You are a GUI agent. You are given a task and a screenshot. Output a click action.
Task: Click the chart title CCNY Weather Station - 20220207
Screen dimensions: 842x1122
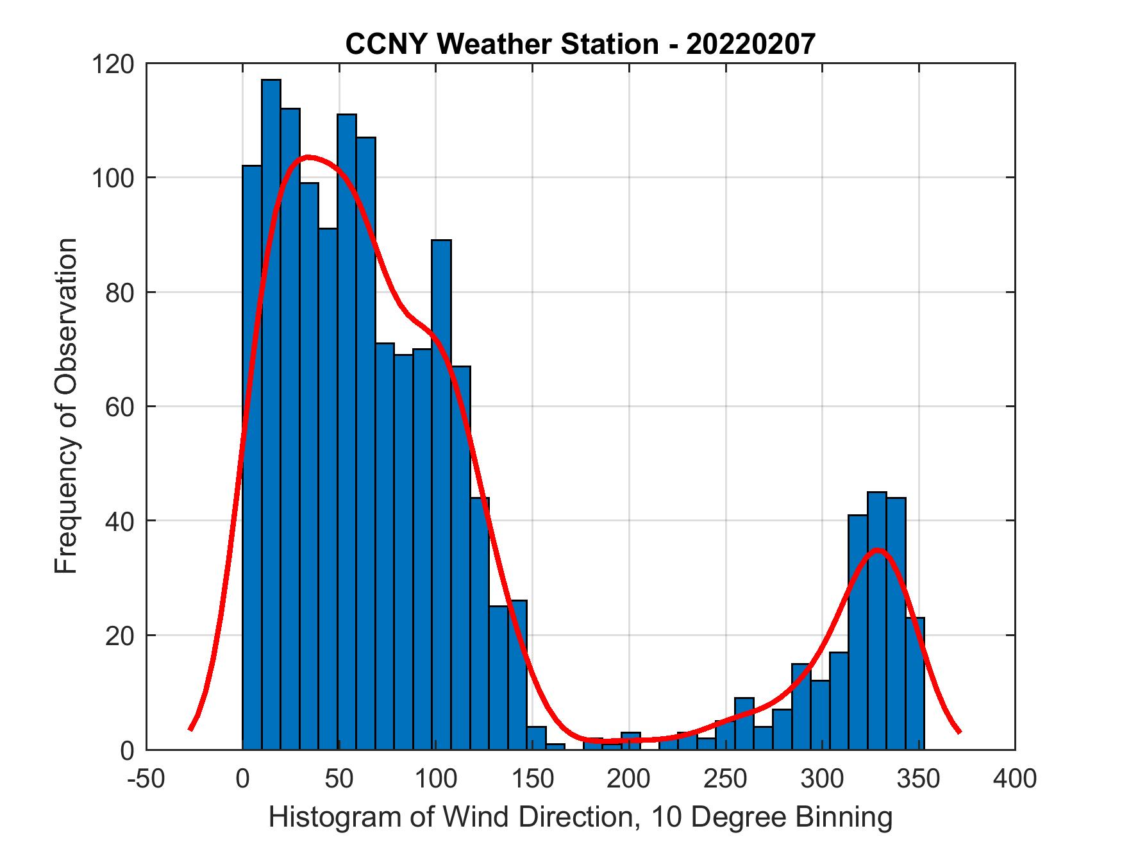tap(580, 44)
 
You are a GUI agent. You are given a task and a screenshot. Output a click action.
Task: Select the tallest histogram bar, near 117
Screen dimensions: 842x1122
tap(271, 410)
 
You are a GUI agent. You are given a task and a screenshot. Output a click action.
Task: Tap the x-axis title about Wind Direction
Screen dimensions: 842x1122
tap(580, 818)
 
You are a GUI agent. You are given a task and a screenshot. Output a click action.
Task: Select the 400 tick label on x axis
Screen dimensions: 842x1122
tap(1016, 779)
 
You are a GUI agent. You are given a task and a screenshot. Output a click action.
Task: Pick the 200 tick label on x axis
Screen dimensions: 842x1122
tap(629, 779)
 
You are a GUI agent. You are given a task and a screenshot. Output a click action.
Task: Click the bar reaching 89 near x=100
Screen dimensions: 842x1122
tap(441, 494)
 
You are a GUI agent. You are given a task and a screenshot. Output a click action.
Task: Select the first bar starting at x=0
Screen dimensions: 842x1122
tap(252, 455)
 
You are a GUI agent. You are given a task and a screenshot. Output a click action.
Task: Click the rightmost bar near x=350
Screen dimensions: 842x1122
tap(916, 683)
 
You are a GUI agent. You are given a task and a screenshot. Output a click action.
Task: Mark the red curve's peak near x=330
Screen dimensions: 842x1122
tap(878, 550)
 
